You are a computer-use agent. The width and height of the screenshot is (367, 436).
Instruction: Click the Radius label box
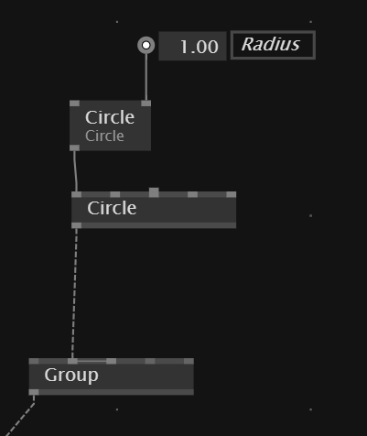(x=273, y=45)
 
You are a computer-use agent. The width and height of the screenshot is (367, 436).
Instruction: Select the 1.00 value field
(x=192, y=46)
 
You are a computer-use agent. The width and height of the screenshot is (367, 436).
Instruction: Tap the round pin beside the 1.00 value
(x=146, y=45)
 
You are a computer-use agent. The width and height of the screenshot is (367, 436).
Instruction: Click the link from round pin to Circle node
(x=146, y=77)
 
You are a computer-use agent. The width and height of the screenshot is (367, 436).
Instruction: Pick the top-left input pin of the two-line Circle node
(x=75, y=104)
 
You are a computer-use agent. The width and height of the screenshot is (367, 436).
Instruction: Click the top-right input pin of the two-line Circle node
(x=146, y=104)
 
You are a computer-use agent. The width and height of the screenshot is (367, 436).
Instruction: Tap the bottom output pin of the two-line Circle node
(x=75, y=147)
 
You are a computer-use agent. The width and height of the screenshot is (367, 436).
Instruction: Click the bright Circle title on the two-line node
(x=110, y=117)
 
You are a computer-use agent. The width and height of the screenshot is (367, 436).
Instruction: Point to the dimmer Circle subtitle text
(x=104, y=136)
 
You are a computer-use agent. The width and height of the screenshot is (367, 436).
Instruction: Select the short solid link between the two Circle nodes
(x=75, y=171)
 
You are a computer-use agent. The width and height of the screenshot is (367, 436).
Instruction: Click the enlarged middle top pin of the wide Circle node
(x=154, y=192)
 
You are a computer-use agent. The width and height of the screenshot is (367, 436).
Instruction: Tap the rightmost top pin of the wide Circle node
(x=232, y=194)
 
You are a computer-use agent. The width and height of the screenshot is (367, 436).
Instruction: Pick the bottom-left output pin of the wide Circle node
(x=77, y=225)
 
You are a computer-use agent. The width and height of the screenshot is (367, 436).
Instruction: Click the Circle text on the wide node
(x=112, y=208)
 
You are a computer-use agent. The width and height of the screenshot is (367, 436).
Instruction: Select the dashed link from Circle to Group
(x=74, y=293)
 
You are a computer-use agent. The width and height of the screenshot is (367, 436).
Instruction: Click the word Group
(x=71, y=375)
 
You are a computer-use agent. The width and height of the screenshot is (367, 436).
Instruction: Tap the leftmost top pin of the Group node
(x=34, y=361)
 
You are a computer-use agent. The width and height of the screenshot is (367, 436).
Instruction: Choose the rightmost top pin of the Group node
(x=189, y=361)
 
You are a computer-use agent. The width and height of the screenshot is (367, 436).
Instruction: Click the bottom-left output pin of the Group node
(x=34, y=392)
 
